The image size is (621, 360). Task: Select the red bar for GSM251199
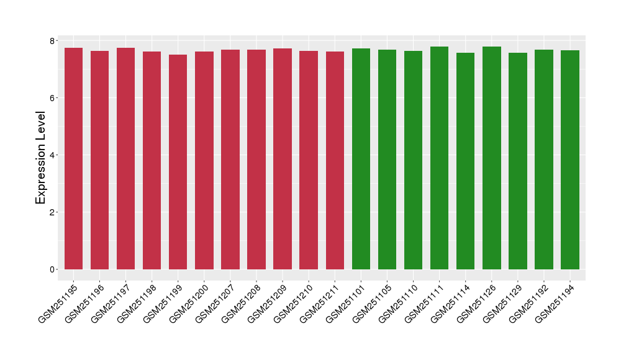coord(178,161)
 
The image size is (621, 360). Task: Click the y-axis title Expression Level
coord(41,158)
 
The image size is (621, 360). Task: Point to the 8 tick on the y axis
coord(53,41)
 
